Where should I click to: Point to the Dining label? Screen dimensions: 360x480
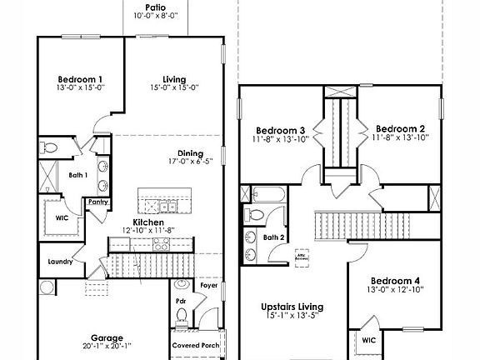tap(191, 152)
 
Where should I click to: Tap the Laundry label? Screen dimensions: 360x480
tap(61, 262)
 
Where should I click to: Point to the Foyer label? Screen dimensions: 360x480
tap(208, 286)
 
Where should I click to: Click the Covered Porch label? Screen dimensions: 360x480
tap(196, 344)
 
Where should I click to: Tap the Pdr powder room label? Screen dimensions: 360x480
tap(180, 301)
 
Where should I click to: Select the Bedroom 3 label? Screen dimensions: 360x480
tap(279, 129)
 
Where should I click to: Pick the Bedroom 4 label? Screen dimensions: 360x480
tap(396, 280)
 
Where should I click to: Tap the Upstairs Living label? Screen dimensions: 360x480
tap(292, 307)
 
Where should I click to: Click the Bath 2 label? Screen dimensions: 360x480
tap(274, 237)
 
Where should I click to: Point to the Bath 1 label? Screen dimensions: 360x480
tap(77, 175)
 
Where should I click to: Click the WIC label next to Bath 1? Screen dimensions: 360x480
tap(62, 217)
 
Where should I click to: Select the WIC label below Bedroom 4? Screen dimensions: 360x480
tap(368, 340)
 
